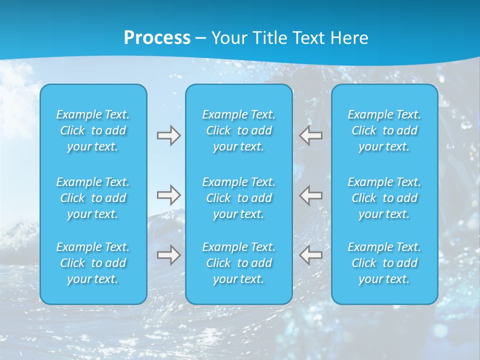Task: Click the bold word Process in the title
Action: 157,38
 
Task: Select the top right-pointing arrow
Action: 168,135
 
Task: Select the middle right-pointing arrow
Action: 168,194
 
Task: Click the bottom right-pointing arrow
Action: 168,255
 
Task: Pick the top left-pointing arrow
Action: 311,135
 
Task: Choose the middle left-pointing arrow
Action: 311,194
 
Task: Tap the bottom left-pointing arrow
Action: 311,255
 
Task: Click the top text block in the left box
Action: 93,130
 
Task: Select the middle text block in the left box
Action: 93,198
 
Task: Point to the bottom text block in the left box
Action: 93,263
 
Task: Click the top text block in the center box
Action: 239,130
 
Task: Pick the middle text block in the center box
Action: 239,198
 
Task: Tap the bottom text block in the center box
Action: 239,263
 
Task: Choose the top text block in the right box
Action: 384,130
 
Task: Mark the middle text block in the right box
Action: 384,198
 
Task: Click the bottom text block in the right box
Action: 384,263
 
